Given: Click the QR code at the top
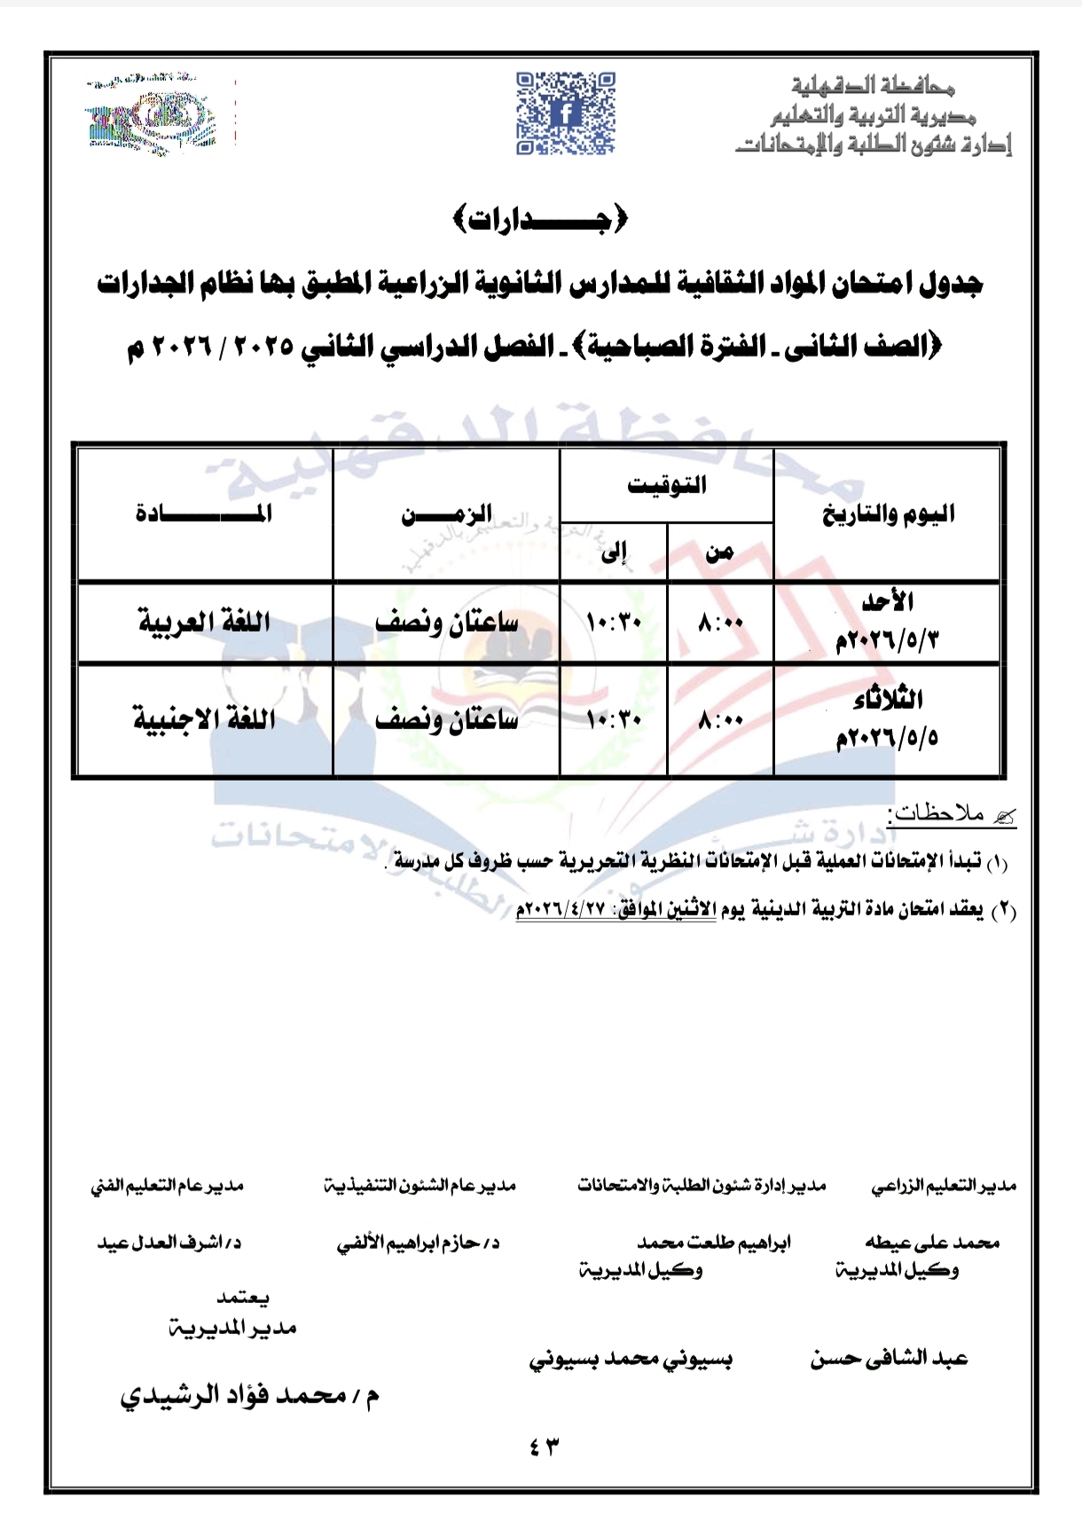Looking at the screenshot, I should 566,113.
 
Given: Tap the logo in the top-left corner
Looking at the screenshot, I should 151,117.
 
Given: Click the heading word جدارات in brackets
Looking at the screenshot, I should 540,219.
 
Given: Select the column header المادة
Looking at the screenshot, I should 204,514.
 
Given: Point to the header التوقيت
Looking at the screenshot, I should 667,485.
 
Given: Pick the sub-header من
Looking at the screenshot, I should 719,553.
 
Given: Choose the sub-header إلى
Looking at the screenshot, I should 614,553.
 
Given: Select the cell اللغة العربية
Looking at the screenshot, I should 204,622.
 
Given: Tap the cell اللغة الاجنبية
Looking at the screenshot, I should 204,718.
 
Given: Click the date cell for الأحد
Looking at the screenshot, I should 888,622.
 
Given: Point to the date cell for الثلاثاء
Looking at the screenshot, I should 888,718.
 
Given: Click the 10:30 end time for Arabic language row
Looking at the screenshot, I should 614,623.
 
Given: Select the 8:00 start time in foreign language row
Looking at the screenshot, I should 720,719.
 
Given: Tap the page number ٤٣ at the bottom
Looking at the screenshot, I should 545,1447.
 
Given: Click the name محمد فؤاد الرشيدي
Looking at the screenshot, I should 250,1395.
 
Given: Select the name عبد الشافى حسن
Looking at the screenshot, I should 888,1358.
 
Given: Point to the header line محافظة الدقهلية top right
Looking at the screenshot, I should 873,86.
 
